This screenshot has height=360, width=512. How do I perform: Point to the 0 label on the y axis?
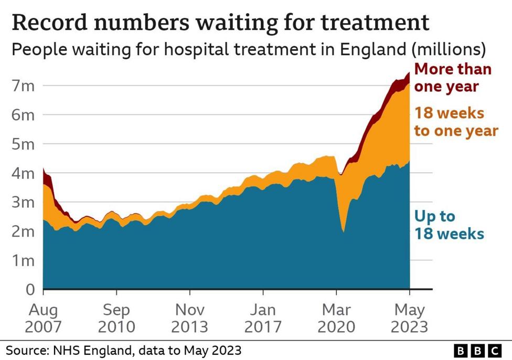click(x=31, y=289)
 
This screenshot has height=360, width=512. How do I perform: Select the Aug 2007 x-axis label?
click(x=43, y=317)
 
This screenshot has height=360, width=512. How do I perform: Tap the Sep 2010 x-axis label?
click(x=116, y=317)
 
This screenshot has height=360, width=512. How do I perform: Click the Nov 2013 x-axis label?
click(x=190, y=317)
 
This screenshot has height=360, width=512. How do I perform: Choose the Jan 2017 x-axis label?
click(x=263, y=317)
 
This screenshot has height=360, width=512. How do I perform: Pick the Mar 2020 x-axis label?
click(x=337, y=317)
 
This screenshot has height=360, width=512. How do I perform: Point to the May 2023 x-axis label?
click(x=409, y=317)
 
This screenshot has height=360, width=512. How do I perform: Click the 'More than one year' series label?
click(x=453, y=77)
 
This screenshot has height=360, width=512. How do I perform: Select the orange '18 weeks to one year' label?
click(x=455, y=122)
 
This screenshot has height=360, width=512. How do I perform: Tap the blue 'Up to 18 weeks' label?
click(x=449, y=225)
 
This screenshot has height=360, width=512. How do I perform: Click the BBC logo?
click(x=477, y=350)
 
